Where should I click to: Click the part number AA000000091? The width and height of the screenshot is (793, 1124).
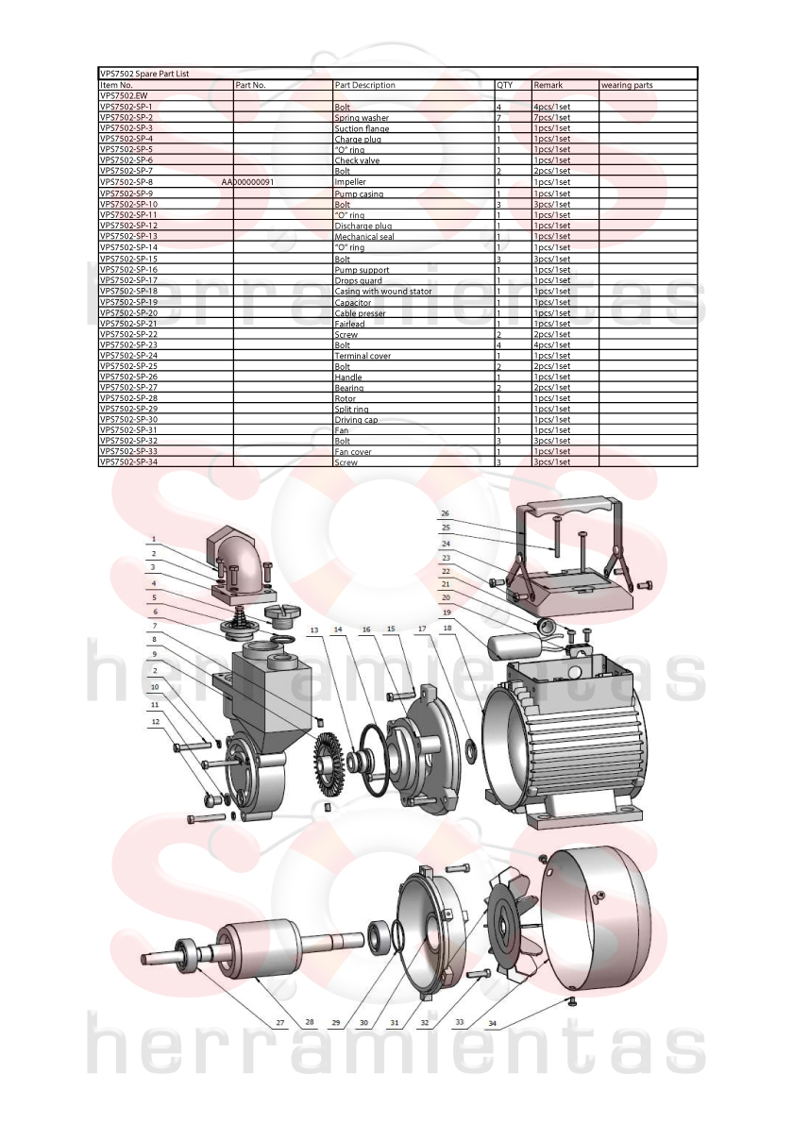pos(248,182)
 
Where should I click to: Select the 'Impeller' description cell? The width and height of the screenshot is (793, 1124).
pos(350,182)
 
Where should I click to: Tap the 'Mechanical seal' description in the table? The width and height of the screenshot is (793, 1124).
pos(364,237)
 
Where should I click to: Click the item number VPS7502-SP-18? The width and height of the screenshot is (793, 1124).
pos(128,291)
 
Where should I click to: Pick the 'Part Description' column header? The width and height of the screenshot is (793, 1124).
pos(365,85)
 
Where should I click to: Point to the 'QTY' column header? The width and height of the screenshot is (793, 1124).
pos(505,85)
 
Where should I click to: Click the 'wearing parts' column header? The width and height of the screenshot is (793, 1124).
pos(628,85)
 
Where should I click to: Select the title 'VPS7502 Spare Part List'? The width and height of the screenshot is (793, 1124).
pos(144,73)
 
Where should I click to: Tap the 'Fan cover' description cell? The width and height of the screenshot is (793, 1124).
pos(353,452)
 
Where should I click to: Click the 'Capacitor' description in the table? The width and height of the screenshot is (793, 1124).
pos(353,303)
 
